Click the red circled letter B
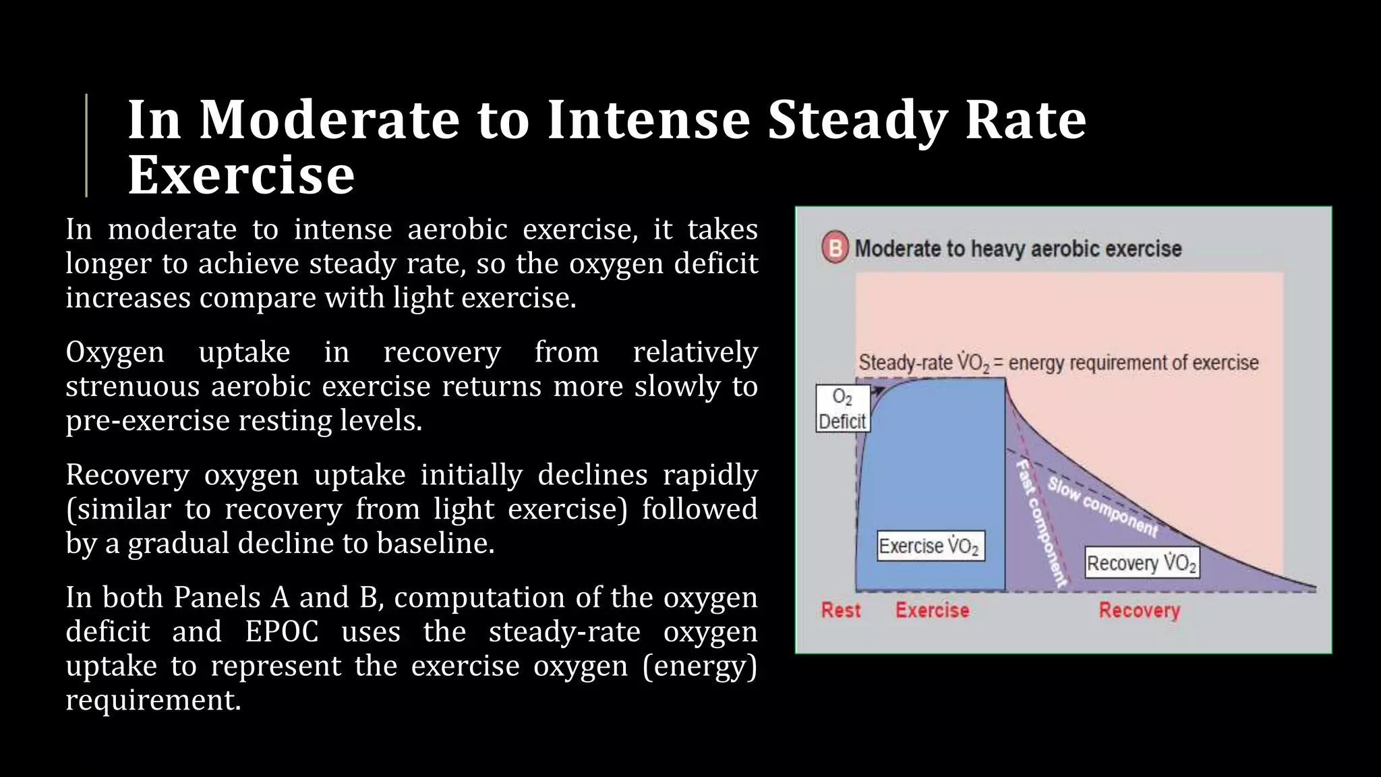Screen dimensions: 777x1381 coord(835,248)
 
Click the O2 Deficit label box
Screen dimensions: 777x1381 coord(842,409)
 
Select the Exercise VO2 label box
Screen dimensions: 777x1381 coord(930,546)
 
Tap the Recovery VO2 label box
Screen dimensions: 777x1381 coord(1142,563)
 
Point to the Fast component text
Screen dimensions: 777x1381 coord(1041,522)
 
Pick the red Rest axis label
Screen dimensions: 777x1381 coord(840,610)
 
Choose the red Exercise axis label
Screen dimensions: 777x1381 coord(932,610)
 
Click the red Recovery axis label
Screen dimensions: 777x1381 coord(1139,610)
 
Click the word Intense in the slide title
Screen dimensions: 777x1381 coord(648,119)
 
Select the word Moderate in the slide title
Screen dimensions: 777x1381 coord(329,119)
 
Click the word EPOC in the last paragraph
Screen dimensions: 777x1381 coord(281,632)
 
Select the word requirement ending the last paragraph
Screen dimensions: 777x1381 coord(152,700)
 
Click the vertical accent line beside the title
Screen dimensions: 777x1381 coord(86,145)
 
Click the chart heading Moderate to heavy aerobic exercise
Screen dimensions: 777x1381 coord(1018,248)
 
